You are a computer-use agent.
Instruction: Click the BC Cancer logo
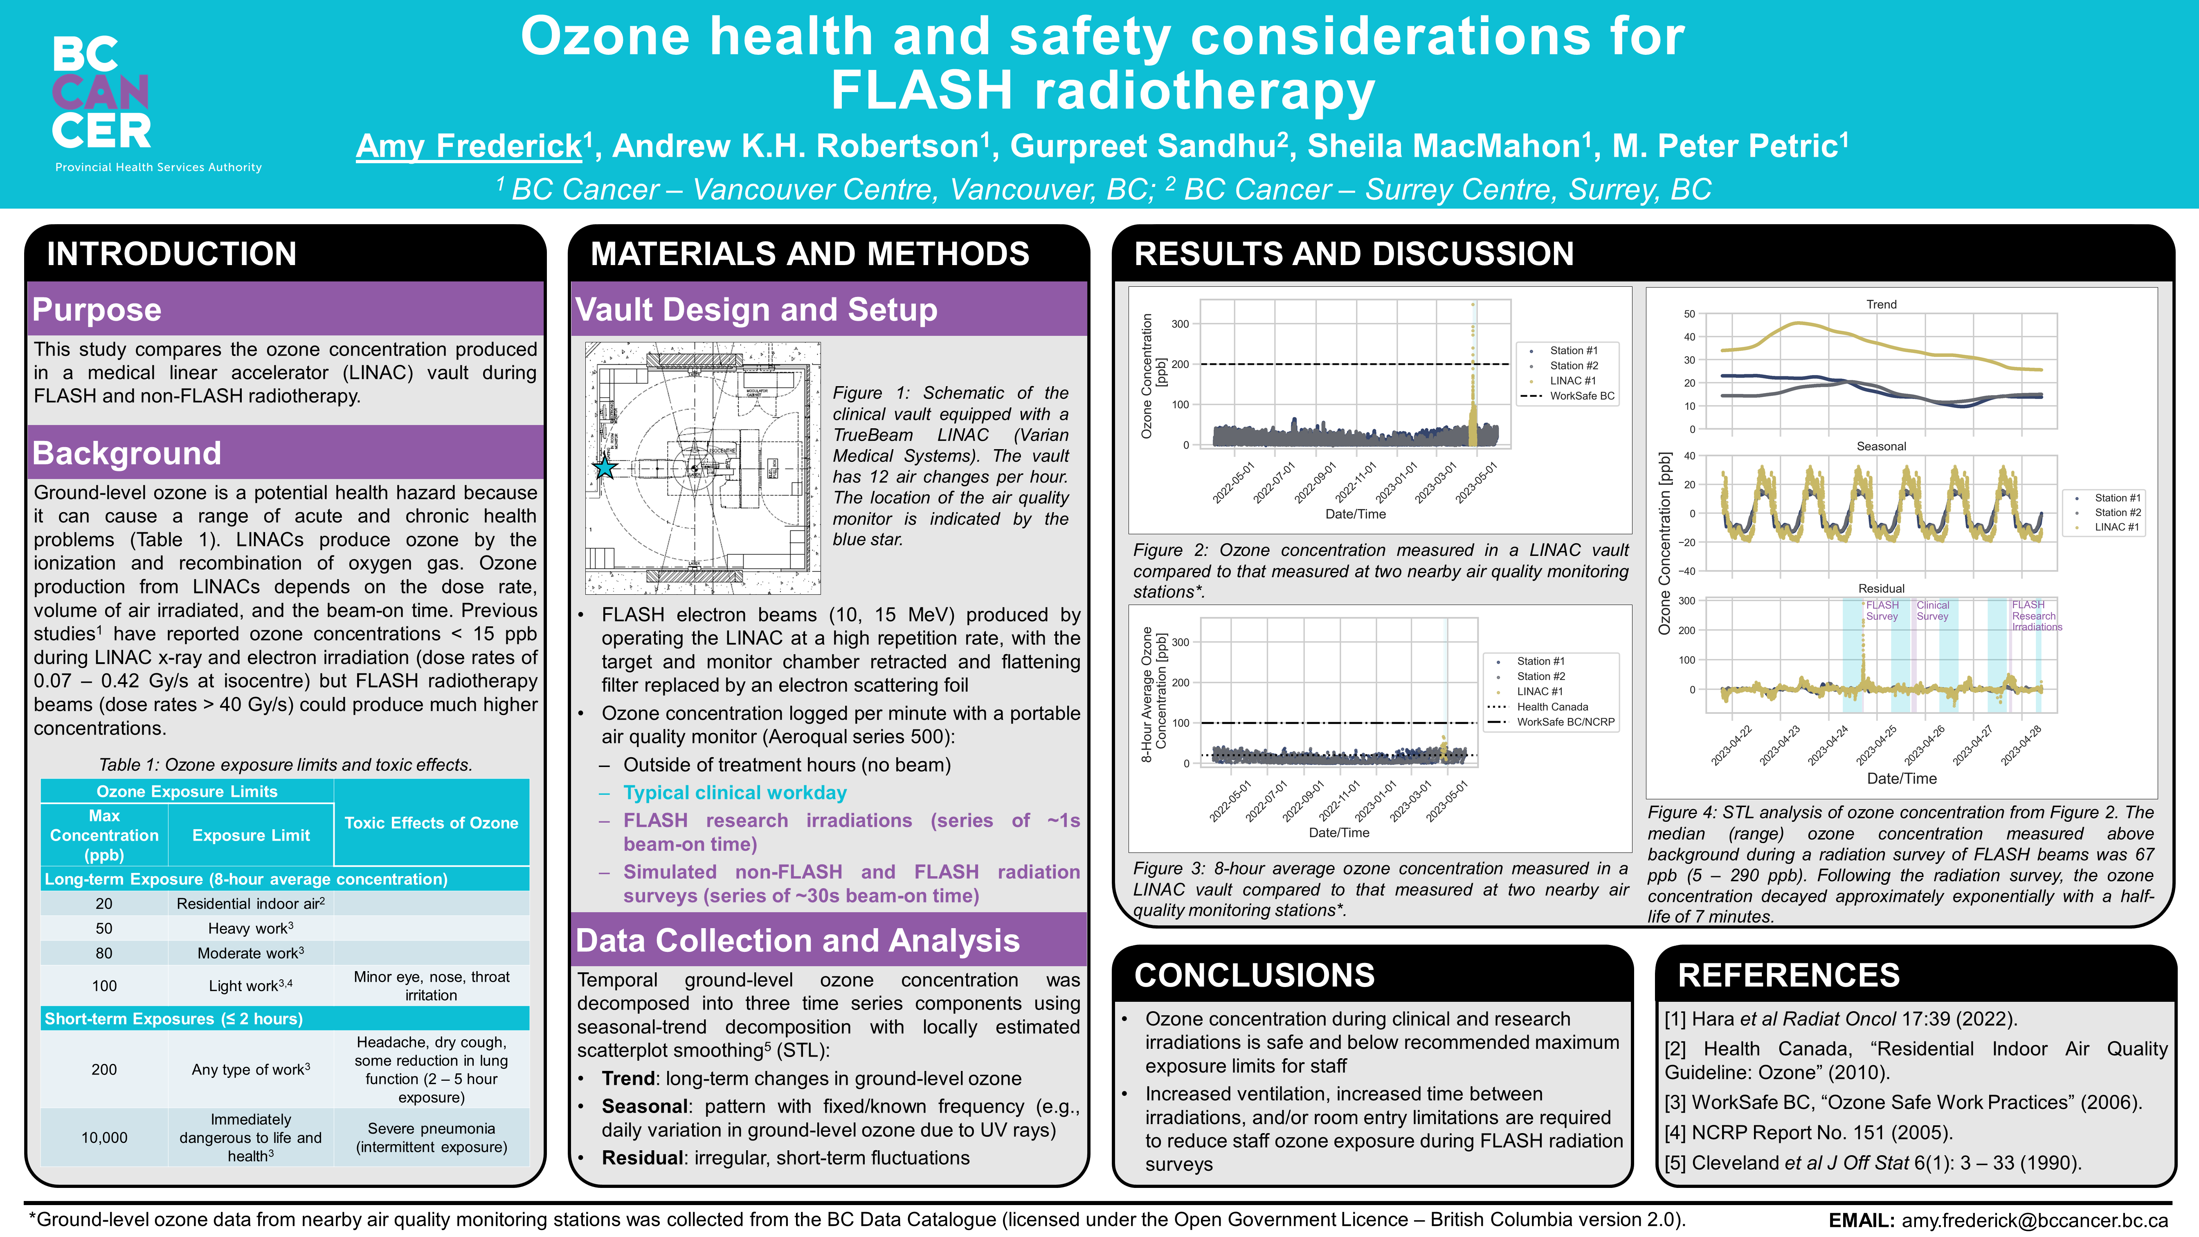coord(102,94)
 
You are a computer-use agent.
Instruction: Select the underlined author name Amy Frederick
coord(469,146)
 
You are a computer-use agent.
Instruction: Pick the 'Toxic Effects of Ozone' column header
coord(431,823)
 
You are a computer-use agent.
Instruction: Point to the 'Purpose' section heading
coord(97,309)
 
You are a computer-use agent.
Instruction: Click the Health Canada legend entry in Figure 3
coord(1552,707)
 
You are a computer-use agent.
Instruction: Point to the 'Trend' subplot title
coord(1881,304)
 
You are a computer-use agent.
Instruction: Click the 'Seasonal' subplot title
coord(1881,446)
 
